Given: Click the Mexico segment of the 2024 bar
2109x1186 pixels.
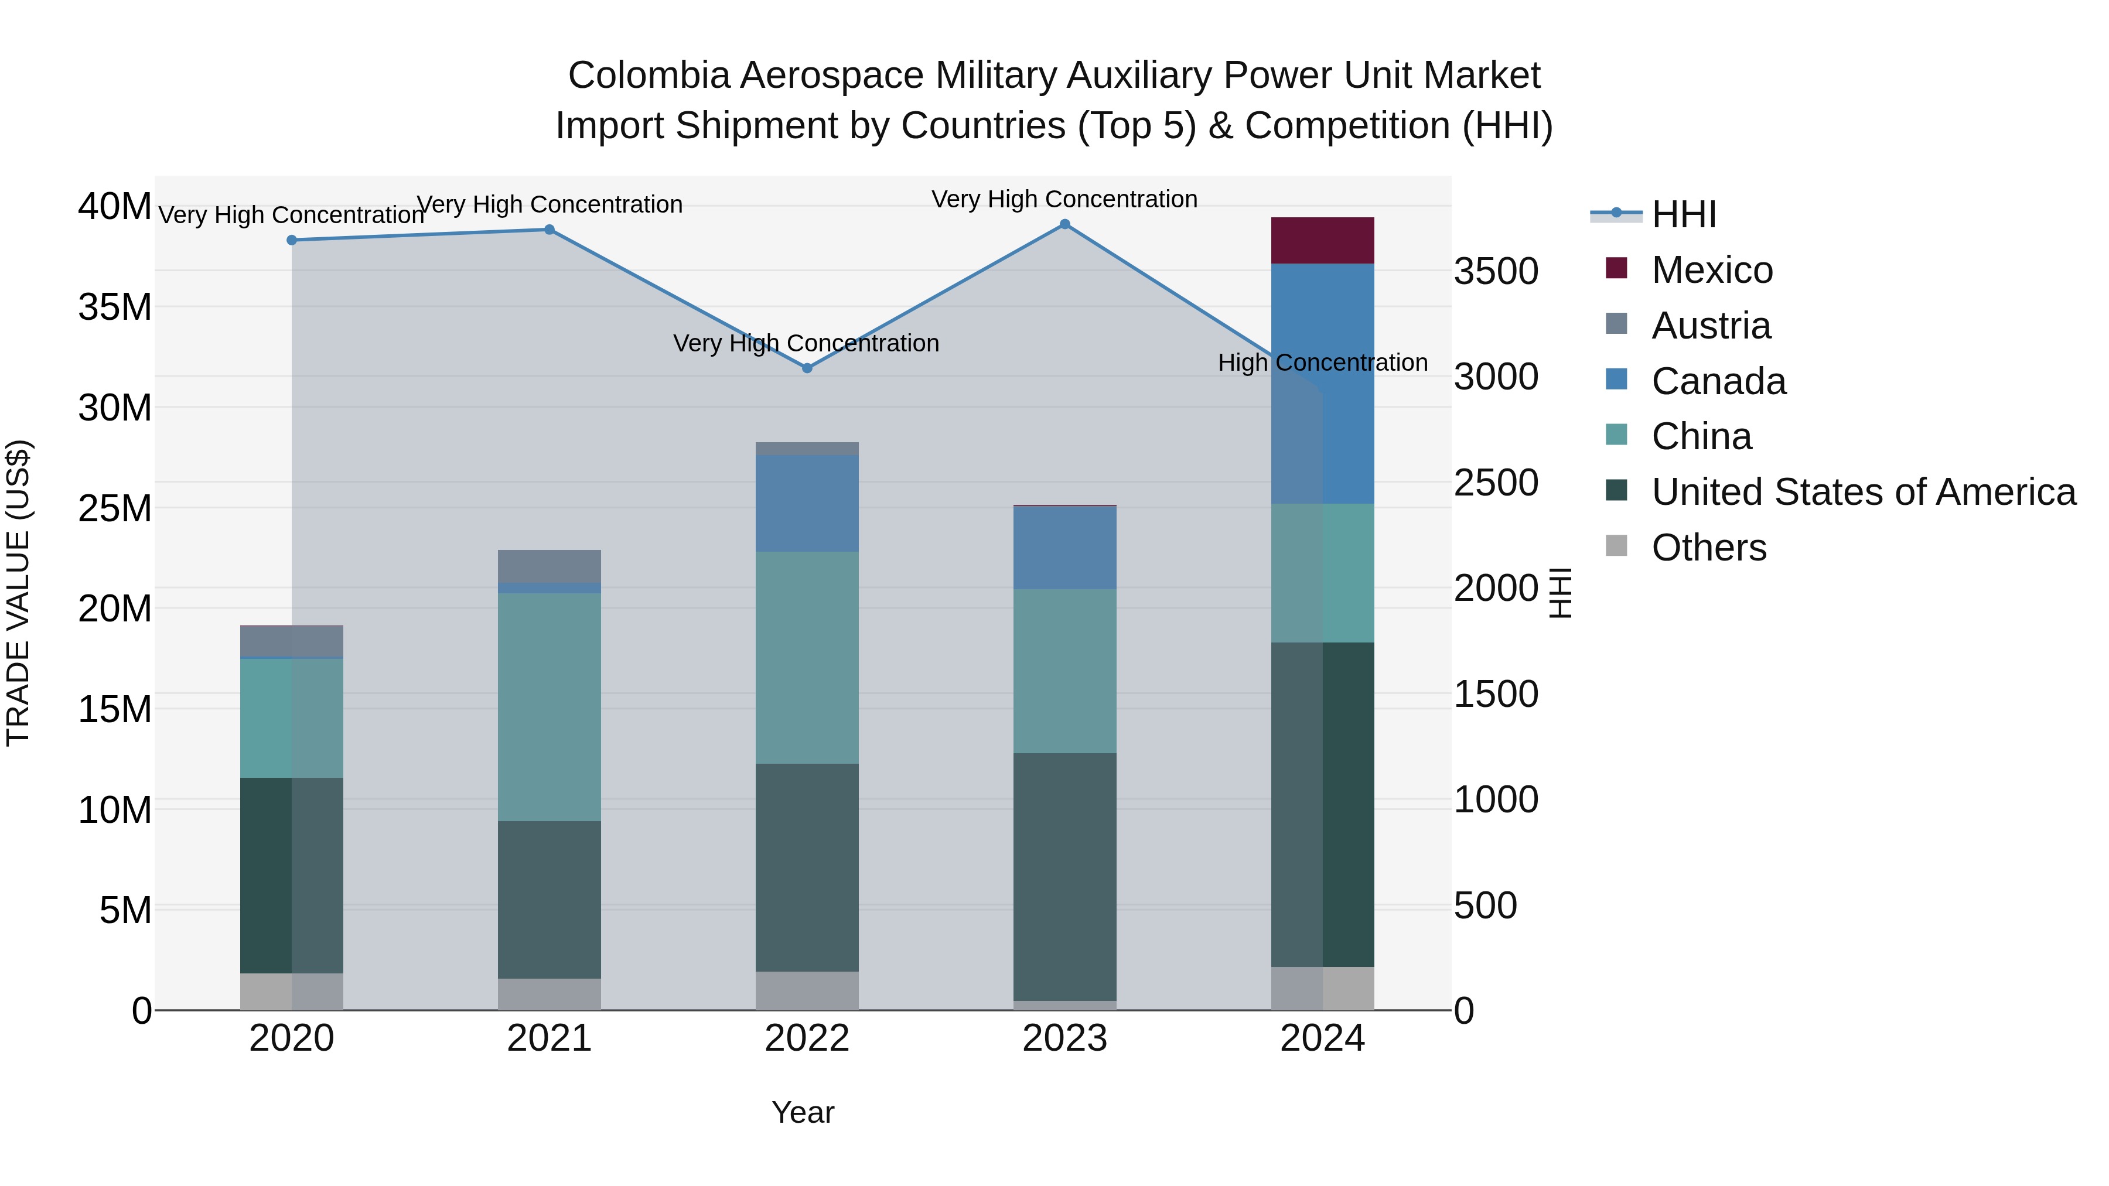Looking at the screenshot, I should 1322,241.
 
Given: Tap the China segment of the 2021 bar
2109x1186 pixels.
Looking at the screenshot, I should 550,706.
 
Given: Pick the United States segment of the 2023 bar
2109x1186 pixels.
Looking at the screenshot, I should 1064,876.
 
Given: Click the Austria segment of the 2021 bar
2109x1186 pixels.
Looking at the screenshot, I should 550,566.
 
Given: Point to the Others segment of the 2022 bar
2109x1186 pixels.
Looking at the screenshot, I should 807,990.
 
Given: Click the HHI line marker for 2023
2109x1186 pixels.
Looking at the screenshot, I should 1064,224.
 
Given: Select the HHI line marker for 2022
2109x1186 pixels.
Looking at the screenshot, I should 807,368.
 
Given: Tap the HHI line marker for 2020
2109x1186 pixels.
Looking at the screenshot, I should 292,240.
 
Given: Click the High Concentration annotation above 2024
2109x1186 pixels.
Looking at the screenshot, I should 1322,363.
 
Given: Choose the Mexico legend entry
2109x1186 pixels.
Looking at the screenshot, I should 1711,270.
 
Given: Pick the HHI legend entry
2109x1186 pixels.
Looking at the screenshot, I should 1683,214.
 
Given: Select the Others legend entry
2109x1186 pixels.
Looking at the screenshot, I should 1708,548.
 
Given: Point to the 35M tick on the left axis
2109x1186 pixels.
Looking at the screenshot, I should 115,307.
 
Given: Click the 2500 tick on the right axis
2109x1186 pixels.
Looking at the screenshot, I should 1496,483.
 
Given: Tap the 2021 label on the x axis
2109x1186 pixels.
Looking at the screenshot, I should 550,1038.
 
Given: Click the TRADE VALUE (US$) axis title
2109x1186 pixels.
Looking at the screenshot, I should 18,593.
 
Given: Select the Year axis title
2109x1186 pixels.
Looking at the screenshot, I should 803,1112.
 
